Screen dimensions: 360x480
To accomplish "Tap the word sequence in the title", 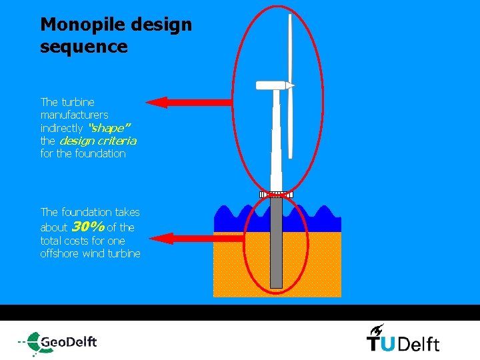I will tap(83, 47).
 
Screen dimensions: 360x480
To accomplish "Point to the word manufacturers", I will tap(75, 115).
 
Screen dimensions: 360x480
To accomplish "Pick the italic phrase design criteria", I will tap(97, 141).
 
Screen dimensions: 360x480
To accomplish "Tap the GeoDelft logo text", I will tap(69, 342).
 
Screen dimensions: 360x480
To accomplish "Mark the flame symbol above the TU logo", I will tap(377, 329).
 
